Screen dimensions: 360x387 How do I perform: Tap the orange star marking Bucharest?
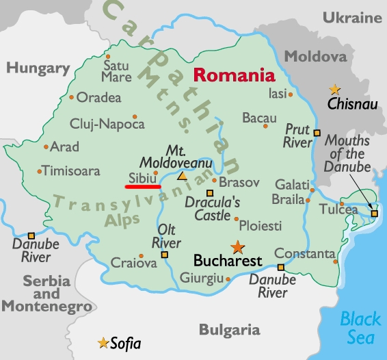pyautogui.click(x=237, y=247)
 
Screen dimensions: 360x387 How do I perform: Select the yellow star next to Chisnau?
pyautogui.click(x=334, y=89)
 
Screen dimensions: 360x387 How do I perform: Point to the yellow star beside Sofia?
pyautogui.click(x=103, y=342)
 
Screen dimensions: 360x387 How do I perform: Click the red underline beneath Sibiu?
pyautogui.click(x=142, y=185)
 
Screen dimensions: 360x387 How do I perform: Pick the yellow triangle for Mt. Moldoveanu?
pyautogui.click(x=182, y=176)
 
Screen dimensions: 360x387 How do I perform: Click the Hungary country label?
pyautogui.click(x=38, y=68)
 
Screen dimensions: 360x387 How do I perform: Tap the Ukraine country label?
pyautogui.click(x=351, y=17)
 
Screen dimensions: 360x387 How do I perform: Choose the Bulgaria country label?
pyautogui.click(x=230, y=330)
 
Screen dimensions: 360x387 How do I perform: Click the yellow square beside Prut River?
pyautogui.click(x=317, y=131)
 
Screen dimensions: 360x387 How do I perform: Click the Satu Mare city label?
pyautogui.click(x=116, y=71)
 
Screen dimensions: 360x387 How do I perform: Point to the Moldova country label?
pyautogui.click(x=315, y=55)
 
